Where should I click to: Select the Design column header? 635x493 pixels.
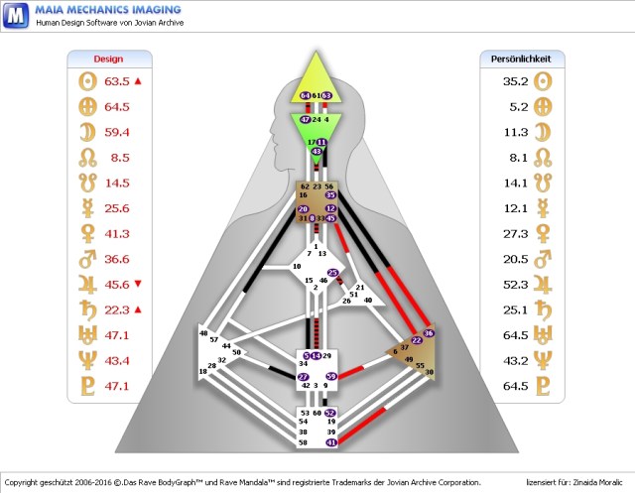108,59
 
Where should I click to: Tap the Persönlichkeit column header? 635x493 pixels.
521,59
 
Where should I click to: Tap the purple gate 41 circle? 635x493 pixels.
331,442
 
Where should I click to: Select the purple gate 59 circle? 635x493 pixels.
331,376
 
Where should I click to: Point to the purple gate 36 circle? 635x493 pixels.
429,333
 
